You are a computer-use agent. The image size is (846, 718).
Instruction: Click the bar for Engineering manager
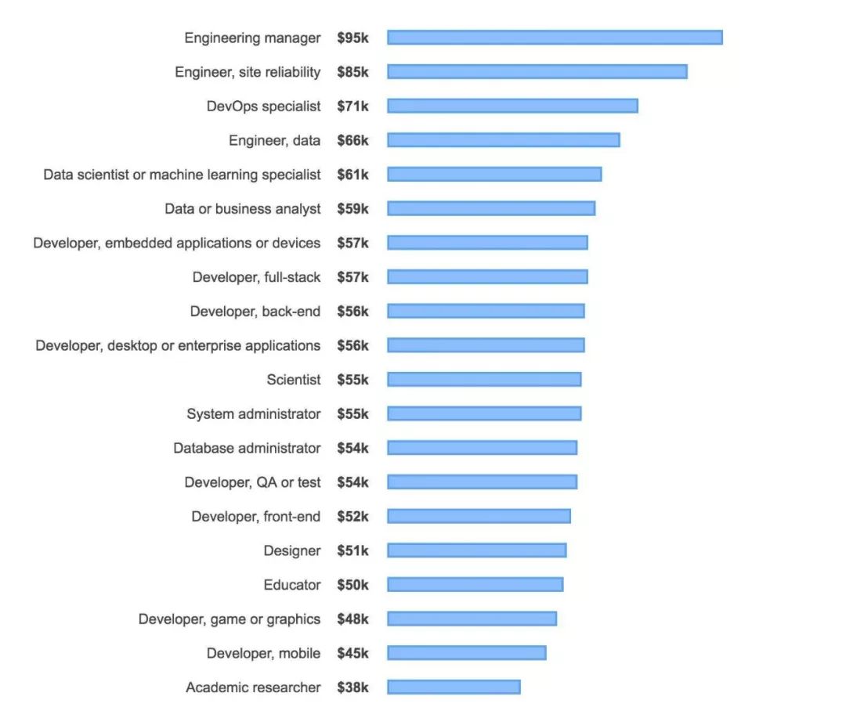tap(555, 38)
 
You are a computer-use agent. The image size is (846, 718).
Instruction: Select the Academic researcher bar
tap(454, 687)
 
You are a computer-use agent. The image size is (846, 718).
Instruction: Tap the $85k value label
tap(352, 72)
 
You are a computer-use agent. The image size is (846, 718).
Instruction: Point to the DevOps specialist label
tap(263, 106)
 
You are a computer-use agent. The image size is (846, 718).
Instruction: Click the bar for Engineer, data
tap(504, 140)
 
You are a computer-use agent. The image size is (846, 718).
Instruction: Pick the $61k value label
tap(352, 175)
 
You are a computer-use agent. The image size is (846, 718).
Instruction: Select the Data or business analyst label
tap(242, 208)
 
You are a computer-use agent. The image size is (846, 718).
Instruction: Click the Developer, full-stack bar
tap(487, 276)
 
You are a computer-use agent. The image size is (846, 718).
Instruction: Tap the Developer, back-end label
tap(255, 311)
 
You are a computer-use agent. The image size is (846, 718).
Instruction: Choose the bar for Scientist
tap(484, 379)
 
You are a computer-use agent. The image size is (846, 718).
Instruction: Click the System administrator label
tap(253, 413)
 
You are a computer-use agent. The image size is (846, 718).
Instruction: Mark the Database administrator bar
tap(482, 448)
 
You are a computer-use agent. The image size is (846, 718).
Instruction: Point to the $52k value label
tap(352, 516)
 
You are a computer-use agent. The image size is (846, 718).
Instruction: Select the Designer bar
tap(476, 550)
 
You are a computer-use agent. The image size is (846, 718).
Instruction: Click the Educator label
tap(292, 584)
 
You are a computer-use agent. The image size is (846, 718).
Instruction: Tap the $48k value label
tap(352, 619)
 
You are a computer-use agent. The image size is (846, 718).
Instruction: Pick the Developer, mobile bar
tap(466, 653)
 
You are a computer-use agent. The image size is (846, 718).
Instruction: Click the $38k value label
tap(352, 687)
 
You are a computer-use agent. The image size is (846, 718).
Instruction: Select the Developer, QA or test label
tap(252, 482)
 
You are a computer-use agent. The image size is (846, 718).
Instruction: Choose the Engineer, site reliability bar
tap(537, 72)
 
